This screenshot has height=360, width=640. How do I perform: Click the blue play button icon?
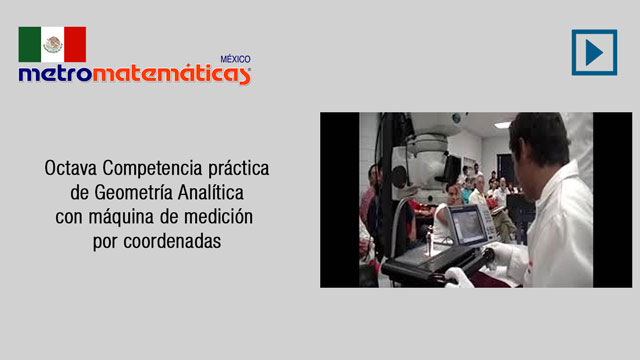point(594,52)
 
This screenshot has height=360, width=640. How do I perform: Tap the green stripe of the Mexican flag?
point(29,44)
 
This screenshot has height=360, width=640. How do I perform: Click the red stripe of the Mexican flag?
point(75,44)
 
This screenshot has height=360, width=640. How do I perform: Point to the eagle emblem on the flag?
point(53,44)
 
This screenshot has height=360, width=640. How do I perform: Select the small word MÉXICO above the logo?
point(236,59)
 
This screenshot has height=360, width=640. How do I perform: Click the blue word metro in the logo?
point(55,73)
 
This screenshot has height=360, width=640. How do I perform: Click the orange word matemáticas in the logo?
point(171,74)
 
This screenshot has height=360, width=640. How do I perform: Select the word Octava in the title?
point(71,168)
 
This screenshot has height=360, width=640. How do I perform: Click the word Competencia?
point(152,169)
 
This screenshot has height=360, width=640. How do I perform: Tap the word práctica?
point(239,169)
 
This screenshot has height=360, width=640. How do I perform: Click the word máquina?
point(121,218)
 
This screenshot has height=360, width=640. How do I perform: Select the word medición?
point(218,217)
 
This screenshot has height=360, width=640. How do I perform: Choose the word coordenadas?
point(172,241)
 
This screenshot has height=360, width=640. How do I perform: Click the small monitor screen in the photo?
point(468,225)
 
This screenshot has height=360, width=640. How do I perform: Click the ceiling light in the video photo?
point(502,124)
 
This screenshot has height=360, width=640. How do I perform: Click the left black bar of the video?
point(340,200)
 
